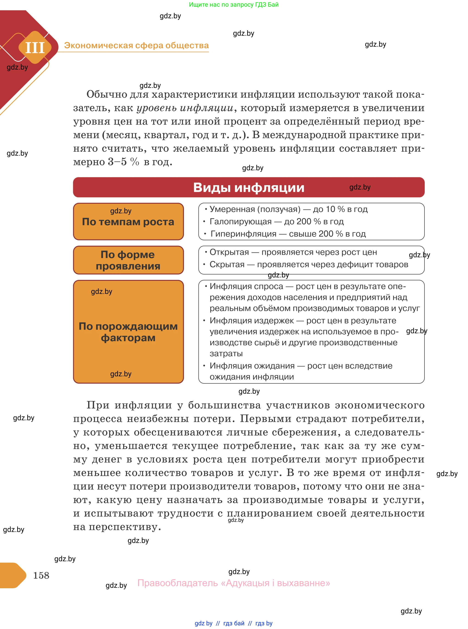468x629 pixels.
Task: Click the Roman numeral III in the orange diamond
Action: point(35,48)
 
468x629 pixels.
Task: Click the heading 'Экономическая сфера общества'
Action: point(136,45)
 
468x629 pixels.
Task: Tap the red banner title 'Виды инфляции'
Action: point(249,187)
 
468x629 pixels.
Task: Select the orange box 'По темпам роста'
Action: point(128,222)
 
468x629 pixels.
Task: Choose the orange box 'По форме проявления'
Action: point(128,260)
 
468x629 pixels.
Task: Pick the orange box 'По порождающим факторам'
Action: point(128,332)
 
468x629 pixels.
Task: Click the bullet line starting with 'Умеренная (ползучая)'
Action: point(288,209)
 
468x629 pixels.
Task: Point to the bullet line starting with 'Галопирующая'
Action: point(276,221)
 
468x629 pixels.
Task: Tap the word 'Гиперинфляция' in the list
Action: point(243,234)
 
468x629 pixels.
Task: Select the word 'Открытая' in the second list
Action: point(229,252)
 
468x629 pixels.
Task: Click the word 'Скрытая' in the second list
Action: point(227,264)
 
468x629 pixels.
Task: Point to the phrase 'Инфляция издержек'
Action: point(252,320)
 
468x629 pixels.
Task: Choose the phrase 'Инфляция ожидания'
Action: point(252,366)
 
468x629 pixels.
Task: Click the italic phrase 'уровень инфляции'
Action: point(185,108)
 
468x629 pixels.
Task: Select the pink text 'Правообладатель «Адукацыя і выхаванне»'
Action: point(234,583)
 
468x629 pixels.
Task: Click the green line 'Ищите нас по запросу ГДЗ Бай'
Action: point(234,5)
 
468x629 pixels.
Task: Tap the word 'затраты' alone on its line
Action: point(226,354)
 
